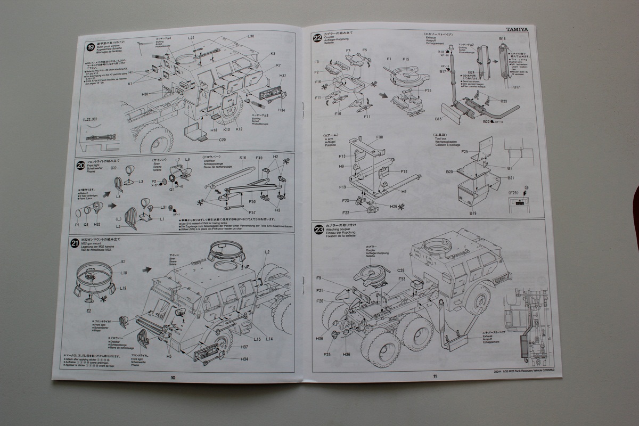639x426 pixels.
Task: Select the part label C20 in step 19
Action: pyautogui.click(x=223, y=140)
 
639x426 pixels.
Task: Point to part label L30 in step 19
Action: pyautogui.click(x=251, y=36)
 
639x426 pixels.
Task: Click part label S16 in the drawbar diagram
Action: pyautogui.click(x=242, y=159)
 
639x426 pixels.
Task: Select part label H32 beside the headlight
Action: pyautogui.click(x=97, y=224)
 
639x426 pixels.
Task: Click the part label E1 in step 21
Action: pyautogui.click(x=124, y=262)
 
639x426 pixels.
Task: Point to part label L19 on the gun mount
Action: pyautogui.click(x=123, y=288)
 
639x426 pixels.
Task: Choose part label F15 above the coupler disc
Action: pyautogui.click(x=406, y=59)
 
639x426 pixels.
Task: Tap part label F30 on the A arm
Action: pyautogui.click(x=379, y=137)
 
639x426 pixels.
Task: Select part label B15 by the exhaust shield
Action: pyautogui.click(x=438, y=119)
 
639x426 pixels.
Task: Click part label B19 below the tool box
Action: pyautogui.click(x=473, y=213)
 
